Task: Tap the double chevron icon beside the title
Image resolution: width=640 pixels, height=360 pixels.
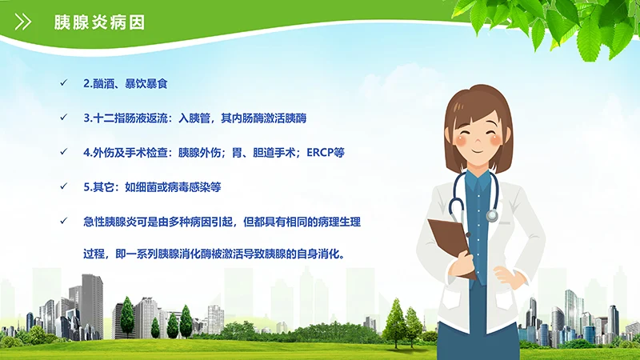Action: pos(24,22)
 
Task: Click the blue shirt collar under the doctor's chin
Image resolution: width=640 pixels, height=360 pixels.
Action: pos(478,178)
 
